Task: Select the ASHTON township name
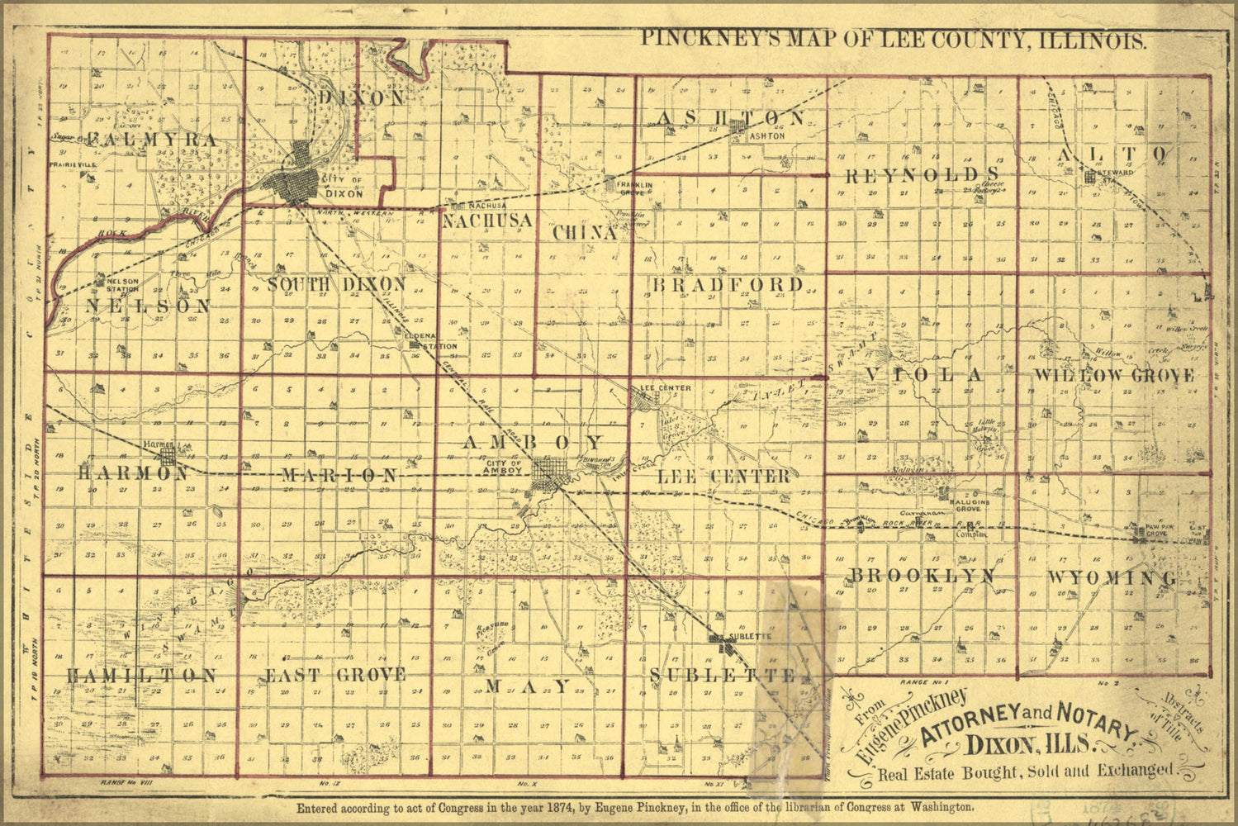pos(729,118)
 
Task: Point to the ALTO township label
pos(1112,154)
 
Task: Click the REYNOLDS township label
pos(923,174)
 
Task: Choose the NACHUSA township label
pos(486,221)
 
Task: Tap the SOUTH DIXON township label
pos(337,284)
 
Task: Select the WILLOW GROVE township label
pos(1112,376)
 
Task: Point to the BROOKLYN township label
pos(923,576)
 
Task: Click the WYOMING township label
pos(1112,577)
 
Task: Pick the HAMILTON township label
pos(141,676)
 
